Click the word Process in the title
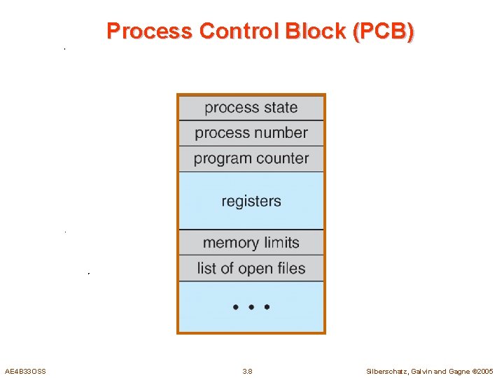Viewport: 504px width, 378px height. (x=149, y=31)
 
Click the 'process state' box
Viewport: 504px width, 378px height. (x=251, y=108)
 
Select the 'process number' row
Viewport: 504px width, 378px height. (x=251, y=133)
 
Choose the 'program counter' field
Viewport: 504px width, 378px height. (x=251, y=158)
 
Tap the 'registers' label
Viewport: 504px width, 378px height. (x=251, y=201)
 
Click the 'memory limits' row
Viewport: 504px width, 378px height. (x=251, y=243)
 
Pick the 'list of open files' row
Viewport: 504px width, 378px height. (x=251, y=268)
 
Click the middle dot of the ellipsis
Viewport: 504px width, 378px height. (x=251, y=307)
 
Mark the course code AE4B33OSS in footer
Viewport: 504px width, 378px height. (x=25, y=371)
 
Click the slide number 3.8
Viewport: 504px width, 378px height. (x=247, y=371)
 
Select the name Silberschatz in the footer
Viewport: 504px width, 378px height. (x=389, y=371)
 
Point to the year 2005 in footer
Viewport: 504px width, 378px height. (x=485, y=371)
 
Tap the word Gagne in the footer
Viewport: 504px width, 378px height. (x=457, y=371)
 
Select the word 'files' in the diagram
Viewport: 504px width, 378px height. (x=290, y=268)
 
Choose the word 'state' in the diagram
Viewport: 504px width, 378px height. (x=279, y=108)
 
